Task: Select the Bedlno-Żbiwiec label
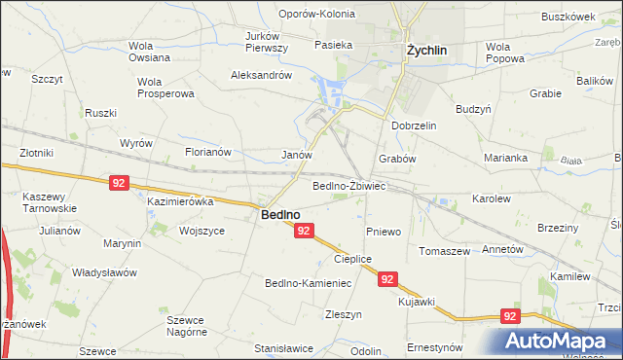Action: [x=349, y=186]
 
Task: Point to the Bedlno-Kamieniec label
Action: [x=308, y=283]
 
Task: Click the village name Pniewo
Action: [x=384, y=232]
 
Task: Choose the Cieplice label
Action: [x=353, y=259]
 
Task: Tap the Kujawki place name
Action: [x=416, y=302]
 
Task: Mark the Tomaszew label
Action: [x=444, y=250]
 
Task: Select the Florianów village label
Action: [x=207, y=152]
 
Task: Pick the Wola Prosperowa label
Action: [x=166, y=88]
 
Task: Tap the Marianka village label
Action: [x=505, y=158]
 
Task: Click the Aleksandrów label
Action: [x=261, y=75]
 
